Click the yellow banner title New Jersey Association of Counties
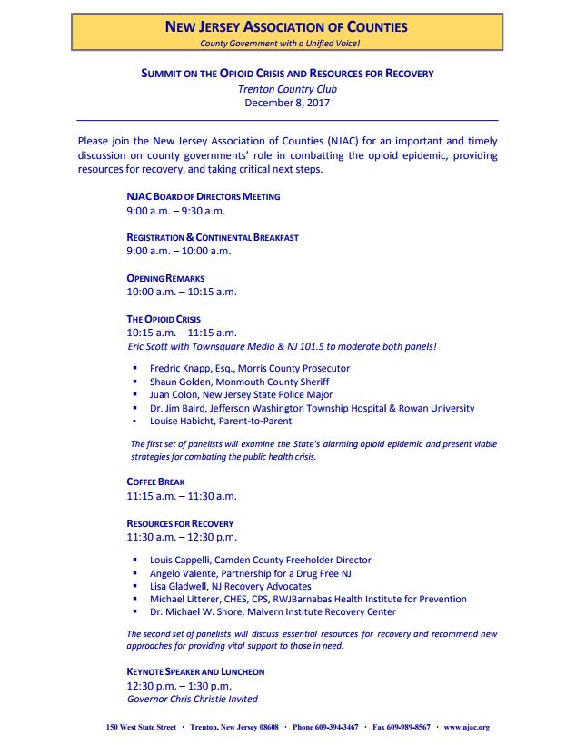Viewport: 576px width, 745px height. tap(286, 27)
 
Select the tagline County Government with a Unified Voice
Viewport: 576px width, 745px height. tap(286, 43)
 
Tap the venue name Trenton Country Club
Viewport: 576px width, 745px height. tap(286, 89)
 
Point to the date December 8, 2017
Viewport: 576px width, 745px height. tap(286, 103)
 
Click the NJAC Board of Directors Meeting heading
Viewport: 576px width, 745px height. tap(203, 196)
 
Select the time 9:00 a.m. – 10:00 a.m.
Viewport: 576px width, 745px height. tap(179, 251)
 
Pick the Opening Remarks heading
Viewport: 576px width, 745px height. tap(165, 278)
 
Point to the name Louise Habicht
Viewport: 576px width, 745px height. tap(186, 422)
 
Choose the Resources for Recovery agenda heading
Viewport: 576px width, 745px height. tap(180, 523)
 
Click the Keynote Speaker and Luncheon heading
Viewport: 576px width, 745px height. tap(195, 671)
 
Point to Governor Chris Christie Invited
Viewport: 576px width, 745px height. tap(192, 699)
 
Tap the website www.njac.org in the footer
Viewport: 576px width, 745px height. tap(466, 727)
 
